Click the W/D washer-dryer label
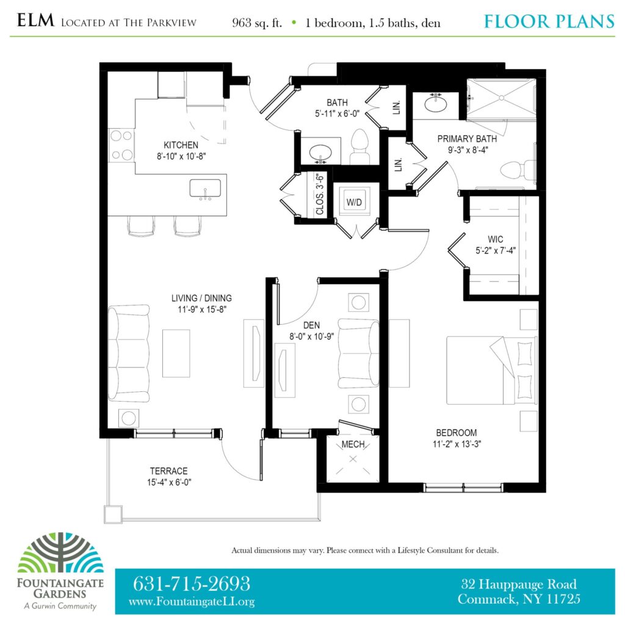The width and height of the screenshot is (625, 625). (x=354, y=203)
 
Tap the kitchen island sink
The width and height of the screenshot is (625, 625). (x=205, y=189)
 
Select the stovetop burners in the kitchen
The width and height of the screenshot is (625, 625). (x=121, y=145)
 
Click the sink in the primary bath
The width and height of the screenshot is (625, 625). (x=435, y=103)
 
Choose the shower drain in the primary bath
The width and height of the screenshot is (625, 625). (x=502, y=98)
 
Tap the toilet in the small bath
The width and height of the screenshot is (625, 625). (x=360, y=146)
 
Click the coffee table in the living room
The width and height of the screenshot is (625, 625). (x=176, y=353)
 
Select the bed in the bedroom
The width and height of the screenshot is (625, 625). (x=491, y=370)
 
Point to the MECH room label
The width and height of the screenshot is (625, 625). (x=353, y=444)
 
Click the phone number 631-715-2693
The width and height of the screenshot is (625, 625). (x=191, y=584)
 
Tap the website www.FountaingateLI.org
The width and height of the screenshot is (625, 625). (x=192, y=601)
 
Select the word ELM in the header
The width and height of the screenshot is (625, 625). (x=35, y=20)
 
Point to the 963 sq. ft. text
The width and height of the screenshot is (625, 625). (x=257, y=23)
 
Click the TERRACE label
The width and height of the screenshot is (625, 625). (x=168, y=471)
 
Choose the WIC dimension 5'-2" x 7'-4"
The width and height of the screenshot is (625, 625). (x=495, y=250)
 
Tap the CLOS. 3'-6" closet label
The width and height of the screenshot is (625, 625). (x=320, y=193)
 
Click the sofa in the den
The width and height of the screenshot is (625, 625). (x=358, y=353)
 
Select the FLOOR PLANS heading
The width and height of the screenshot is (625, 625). (x=549, y=21)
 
